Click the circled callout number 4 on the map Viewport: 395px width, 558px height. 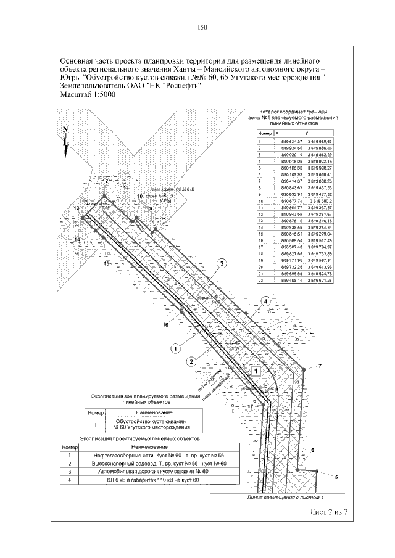(265, 301)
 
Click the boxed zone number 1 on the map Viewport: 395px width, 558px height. (254, 371)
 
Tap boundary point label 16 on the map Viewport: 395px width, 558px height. (165, 324)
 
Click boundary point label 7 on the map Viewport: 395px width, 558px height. (321, 366)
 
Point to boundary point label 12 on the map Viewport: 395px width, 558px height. (105, 181)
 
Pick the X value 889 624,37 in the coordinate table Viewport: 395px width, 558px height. (289, 141)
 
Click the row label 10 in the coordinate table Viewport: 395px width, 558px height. (260, 201)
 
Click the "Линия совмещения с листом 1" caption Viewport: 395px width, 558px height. (285, 496)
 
